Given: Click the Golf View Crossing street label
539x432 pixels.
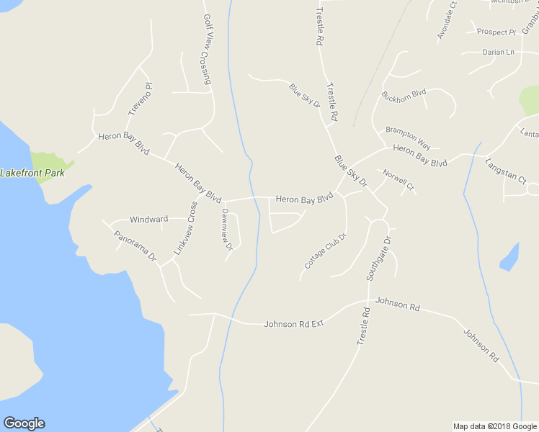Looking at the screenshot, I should [x=207, y=50].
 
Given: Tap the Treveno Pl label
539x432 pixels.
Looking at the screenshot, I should [x=141, y=100].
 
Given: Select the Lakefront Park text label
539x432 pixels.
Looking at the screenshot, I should [x=32, y=173].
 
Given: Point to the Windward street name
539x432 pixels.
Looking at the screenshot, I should [x=148, y=219].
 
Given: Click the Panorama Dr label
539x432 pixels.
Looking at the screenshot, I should [x=135, y=246].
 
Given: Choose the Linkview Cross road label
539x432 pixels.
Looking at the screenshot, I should [x=185, y=228].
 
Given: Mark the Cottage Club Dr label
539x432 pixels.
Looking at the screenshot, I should [x=326, y=251].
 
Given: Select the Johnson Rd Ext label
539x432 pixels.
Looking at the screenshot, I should [x=294, y=324].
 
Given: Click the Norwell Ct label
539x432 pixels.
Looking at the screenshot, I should [x=399, y=180].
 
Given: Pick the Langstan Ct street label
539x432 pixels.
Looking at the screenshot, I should [x=506, y=171].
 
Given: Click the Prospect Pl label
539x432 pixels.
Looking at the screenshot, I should [x=497, y=32].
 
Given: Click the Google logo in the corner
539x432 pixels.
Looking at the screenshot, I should [x=24, y=423].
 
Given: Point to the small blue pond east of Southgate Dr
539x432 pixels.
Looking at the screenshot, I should [x=509, y=257].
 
